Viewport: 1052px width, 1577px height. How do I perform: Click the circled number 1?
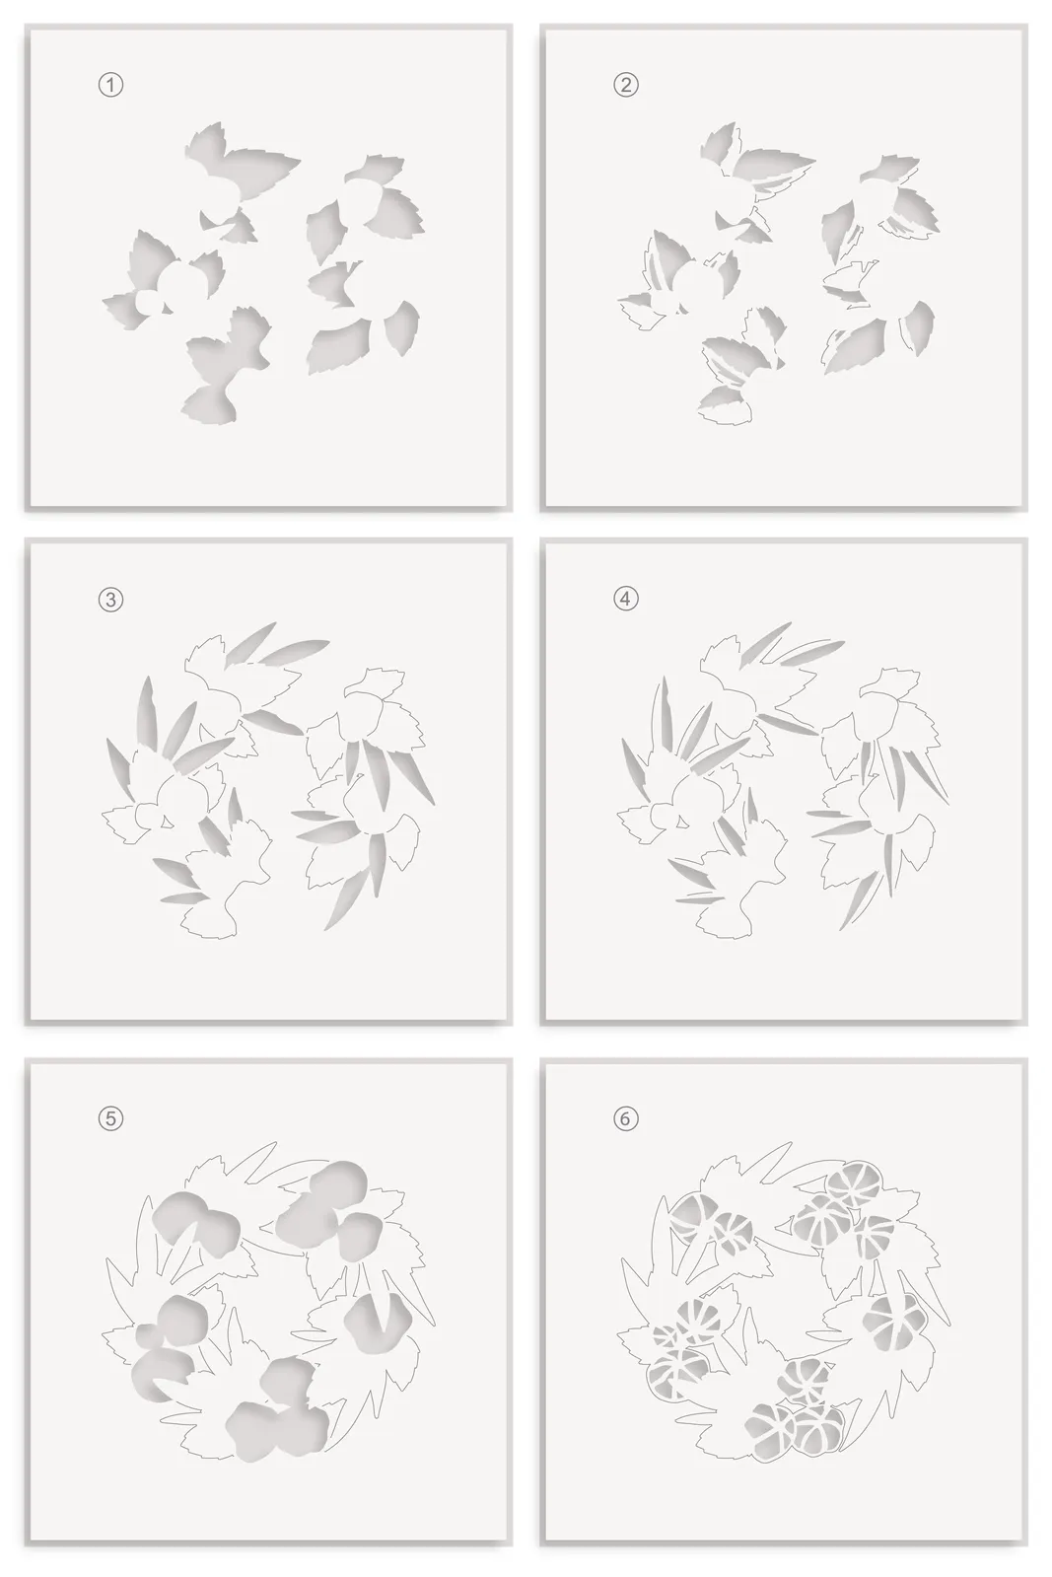(110, 85)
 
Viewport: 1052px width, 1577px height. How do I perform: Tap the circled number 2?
(625, 85)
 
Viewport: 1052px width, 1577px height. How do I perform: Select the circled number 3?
(110, 600)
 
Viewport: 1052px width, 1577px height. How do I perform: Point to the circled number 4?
(625, 599)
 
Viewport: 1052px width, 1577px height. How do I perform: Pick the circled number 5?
(110, 1118)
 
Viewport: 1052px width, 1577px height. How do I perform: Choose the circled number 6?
(625, 1118)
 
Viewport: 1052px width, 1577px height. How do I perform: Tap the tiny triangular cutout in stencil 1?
(167, 308)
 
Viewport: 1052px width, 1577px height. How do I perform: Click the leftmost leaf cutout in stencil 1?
(125, 311)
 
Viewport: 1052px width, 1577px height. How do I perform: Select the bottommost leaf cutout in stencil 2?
(724, 406)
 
